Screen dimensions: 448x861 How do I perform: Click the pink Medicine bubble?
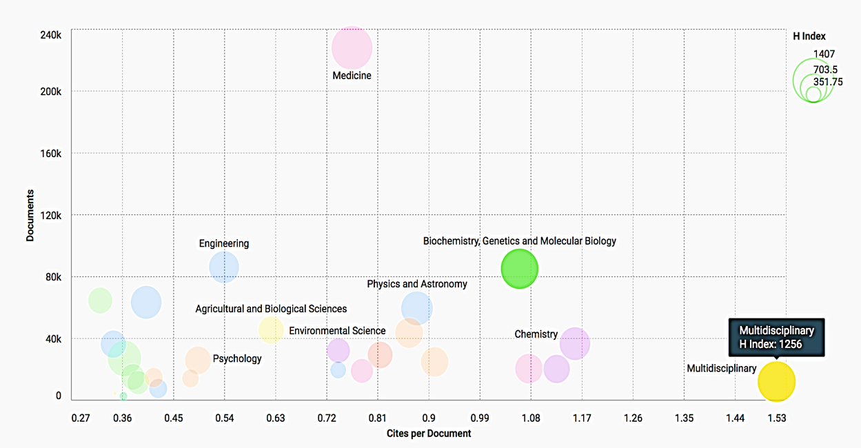(352, 48)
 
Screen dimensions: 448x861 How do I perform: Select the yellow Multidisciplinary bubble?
(776, 381)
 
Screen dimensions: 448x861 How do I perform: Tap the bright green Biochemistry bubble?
(519, 269)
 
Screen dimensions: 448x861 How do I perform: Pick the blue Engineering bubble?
(224, 267)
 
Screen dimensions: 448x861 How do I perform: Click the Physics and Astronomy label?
(416, 284)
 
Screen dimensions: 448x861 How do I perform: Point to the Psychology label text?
(237, 358)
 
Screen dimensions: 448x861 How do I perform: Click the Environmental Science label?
(337, 331)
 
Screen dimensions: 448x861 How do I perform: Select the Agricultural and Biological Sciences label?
(271, 309)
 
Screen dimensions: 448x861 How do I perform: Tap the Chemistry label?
(536, 334)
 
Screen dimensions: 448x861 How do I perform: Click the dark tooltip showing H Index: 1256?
(776, 337)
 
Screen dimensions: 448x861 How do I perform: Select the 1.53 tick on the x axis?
(777, 418)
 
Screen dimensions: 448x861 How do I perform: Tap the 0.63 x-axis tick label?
(275, 418)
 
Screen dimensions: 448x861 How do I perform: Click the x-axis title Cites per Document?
(429, 434)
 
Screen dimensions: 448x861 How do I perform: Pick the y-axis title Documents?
(30, 215)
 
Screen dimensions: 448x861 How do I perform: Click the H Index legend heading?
(809, 37)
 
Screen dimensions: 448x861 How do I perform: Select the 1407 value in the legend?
(824, 54)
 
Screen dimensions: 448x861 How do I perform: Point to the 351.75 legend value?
(828, 81)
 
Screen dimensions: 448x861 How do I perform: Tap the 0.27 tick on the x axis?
(81, 418)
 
